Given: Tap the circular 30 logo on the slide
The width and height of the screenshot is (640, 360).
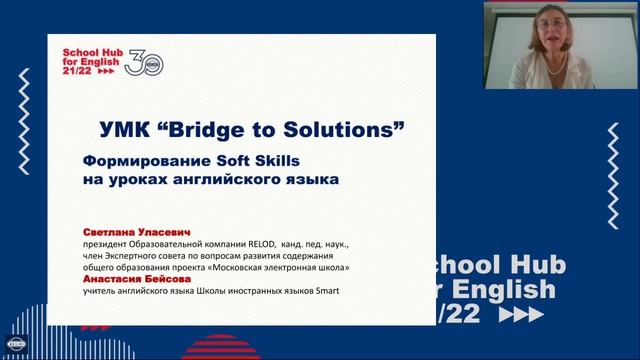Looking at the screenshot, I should point(146,62).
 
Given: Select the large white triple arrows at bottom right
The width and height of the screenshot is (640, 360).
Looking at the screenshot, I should point(526,315).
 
